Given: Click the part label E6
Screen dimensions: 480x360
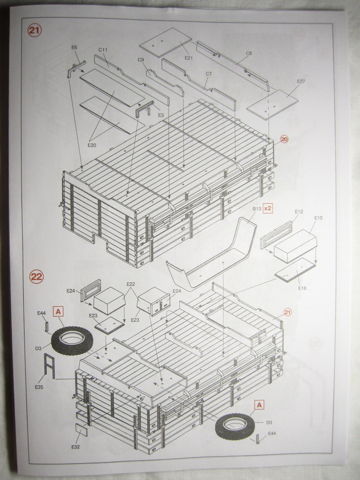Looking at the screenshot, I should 74,47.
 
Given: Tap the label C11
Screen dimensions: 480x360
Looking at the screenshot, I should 103,50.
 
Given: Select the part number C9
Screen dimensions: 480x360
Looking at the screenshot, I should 141,60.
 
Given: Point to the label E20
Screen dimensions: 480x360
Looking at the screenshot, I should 92,145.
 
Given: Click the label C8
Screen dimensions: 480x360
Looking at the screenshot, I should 248,53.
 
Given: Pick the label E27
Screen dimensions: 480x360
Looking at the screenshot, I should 300,82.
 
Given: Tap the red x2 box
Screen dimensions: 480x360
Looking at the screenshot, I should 268,207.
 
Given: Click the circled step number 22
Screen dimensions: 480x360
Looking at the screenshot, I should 36,277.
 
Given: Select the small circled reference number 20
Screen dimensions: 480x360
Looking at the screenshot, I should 284,139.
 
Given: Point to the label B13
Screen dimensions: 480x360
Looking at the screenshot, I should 256,208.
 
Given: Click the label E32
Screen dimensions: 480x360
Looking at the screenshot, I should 75,447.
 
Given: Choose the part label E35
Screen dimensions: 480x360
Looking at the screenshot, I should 39,387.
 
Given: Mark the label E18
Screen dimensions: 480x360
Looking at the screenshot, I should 302,288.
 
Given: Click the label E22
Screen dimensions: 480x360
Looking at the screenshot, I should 130,285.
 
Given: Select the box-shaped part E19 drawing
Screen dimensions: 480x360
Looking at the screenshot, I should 295,246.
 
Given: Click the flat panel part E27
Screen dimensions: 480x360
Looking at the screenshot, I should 272,105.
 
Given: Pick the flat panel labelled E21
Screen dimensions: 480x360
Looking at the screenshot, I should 165,43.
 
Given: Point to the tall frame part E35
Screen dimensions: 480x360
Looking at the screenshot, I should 49,366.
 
